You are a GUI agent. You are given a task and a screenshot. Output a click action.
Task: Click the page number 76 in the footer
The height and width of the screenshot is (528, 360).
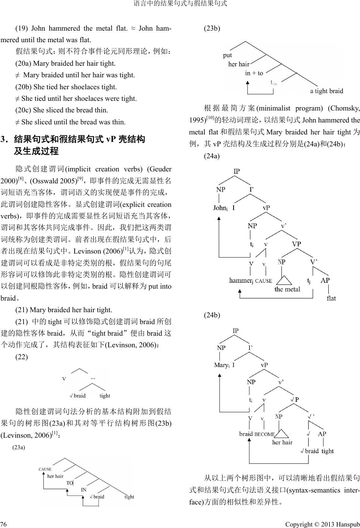4,524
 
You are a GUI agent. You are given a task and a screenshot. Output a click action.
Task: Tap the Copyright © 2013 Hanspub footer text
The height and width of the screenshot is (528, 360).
322,524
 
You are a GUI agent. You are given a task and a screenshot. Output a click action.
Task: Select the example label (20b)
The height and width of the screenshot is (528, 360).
23,87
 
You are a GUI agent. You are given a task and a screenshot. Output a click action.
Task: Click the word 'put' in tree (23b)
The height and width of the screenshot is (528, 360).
228,55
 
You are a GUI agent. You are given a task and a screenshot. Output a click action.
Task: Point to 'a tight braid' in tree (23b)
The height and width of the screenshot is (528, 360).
326,91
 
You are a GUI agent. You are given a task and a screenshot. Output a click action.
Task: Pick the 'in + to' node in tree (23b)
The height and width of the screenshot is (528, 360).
254,73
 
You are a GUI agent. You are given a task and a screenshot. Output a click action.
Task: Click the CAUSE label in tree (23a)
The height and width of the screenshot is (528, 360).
45,469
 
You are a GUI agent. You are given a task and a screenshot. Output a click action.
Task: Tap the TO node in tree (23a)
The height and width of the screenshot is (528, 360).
70,483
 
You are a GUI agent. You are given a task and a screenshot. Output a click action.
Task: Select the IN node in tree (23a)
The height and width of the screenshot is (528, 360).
84,490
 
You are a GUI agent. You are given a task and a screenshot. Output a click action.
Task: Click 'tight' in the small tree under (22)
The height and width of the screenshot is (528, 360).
105,396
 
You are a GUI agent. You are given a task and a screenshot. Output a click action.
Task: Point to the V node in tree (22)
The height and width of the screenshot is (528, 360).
64,379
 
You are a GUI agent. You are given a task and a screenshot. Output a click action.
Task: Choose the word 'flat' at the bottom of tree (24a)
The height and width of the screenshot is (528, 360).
331,298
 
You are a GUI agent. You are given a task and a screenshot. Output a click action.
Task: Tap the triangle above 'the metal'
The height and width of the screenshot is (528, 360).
284,280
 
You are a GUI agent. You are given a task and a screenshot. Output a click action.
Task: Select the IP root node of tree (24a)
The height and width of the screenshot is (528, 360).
237,171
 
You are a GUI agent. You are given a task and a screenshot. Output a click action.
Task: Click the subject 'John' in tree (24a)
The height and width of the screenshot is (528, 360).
220,208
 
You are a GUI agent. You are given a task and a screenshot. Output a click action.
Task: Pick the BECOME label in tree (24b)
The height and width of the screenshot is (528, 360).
264,434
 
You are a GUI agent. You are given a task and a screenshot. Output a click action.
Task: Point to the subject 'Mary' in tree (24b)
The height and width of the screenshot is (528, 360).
221,365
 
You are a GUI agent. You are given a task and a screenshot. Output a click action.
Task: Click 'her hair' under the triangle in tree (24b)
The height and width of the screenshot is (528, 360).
282,442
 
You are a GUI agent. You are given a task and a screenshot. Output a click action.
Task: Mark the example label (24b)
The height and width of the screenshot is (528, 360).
212,315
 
